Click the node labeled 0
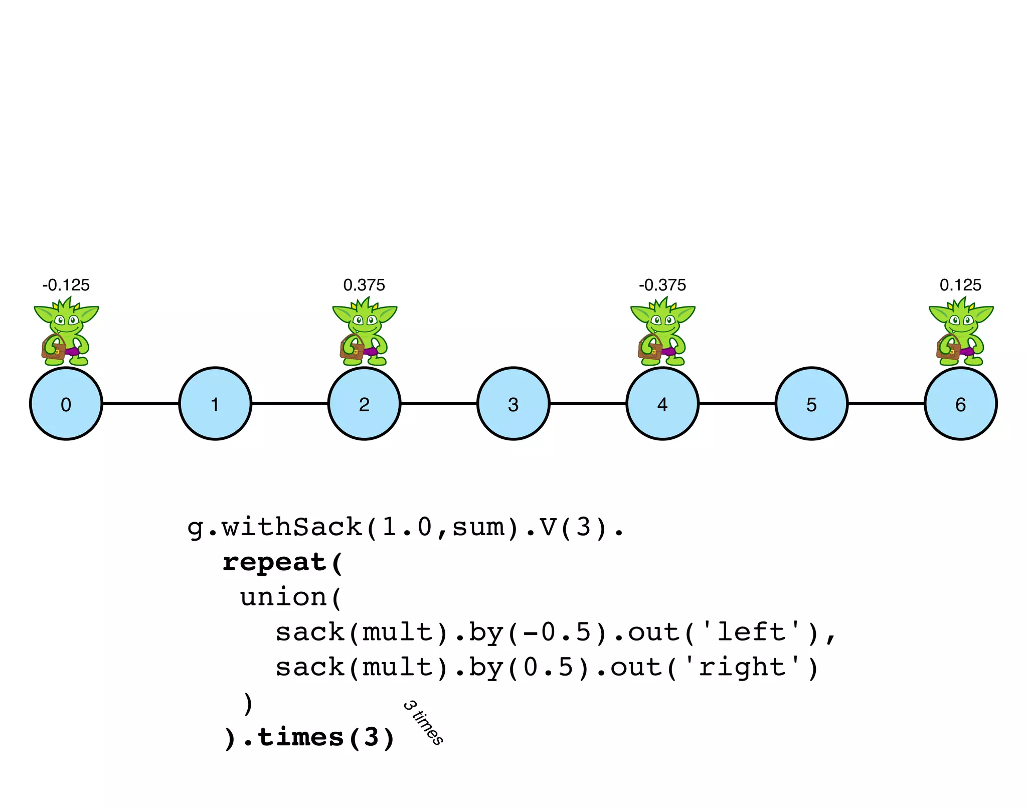click(x=66, y=404)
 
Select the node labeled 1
click(x=215, y=404)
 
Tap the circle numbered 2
click(x=364, y=404)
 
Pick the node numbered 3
click(x=513, y=404)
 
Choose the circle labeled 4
click(x=662, y=404)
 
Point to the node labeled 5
click(x=811, y=404)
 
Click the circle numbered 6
click(x=960, y=404)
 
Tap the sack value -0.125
click(x=66, y=285)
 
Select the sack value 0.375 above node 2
click(x=364, y=285)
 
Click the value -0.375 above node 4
click(x=662, y=285)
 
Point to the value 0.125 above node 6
click(x=960, y=285)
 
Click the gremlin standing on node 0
click(x=66, y=331)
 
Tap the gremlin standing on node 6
click(x=961, y=331)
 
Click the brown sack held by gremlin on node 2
click(x=353, y=349)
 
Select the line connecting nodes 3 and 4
click(x=588, y=403)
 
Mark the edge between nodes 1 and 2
click(x=290, y=403)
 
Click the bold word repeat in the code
click(x=275, y=562)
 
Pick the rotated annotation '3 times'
click(x=423, y=723)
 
